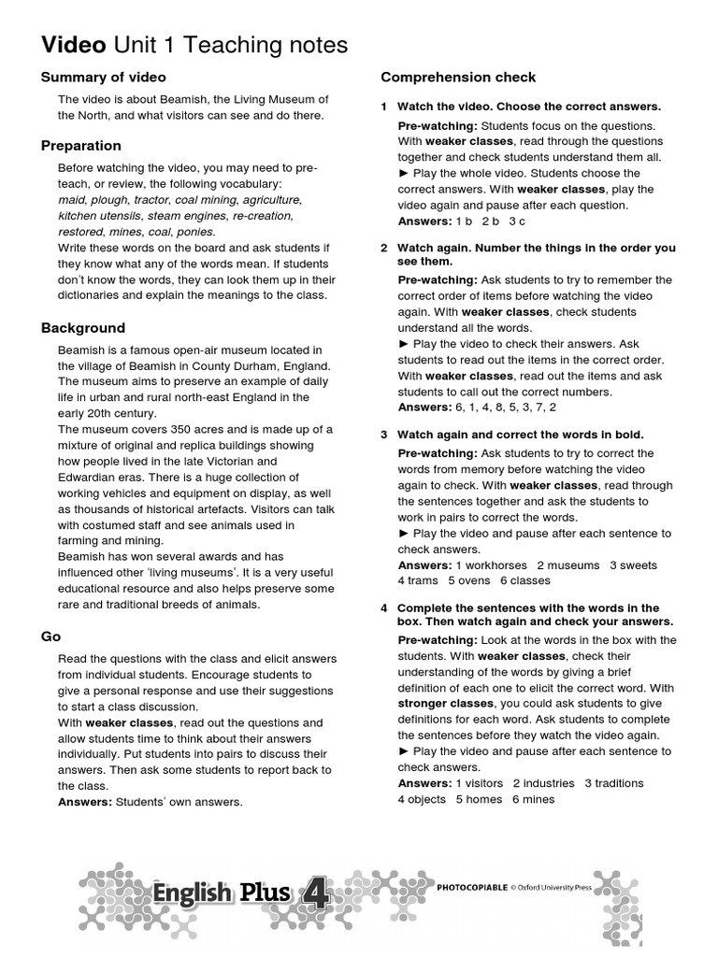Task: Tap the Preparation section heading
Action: pos(81,145)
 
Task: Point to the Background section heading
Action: pos(83,328)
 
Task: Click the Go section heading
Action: pos(50,636)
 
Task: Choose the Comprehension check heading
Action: pos(458,77)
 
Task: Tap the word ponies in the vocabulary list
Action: pos(197,231)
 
